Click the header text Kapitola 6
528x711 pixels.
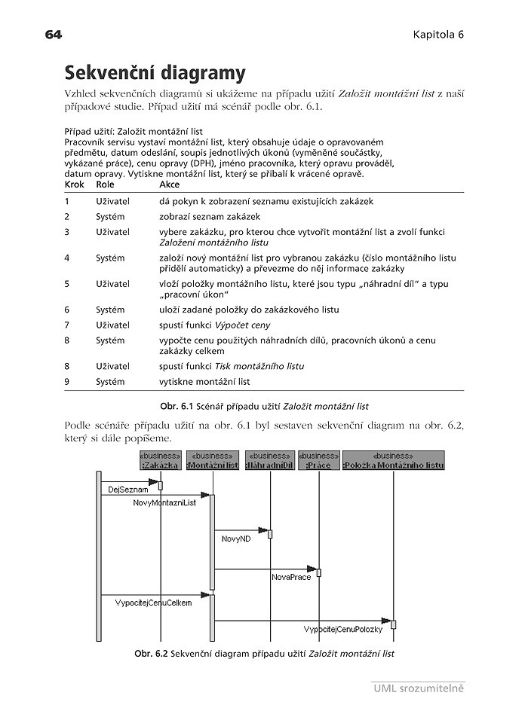437,35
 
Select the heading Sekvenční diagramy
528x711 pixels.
155,73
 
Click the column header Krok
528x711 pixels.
75,184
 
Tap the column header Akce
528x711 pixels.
170,184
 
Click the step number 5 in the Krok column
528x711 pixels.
67,284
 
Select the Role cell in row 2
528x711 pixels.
110,216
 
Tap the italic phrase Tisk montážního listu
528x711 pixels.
259,366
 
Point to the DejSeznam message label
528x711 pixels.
123,490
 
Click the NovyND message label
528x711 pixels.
236,539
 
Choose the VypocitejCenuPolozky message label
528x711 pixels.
343,629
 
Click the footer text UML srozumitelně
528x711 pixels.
418,688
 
